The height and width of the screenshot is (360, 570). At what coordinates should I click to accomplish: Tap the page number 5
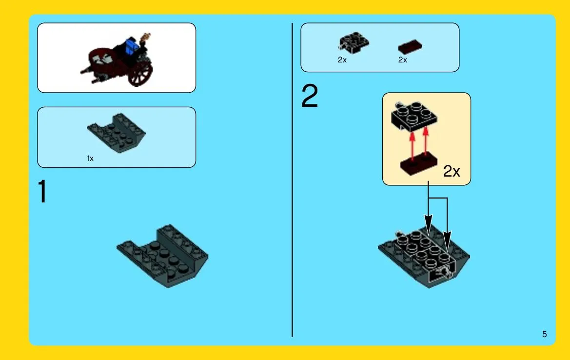point(544,334)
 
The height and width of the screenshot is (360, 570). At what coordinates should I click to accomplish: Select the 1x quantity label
point(90,158)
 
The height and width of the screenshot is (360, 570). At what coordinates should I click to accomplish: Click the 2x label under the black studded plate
point(342,60)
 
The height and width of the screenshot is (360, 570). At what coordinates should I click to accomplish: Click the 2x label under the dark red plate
point(402,60)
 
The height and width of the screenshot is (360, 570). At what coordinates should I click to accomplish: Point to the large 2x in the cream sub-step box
point(452,171)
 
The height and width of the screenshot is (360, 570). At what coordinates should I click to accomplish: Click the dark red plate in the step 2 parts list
point(410,47)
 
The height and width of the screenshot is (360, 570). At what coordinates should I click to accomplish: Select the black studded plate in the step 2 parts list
point(353,42)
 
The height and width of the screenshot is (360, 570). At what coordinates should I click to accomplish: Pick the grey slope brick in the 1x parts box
point(117,133)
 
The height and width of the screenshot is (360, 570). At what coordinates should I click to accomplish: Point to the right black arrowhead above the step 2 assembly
point(447,242)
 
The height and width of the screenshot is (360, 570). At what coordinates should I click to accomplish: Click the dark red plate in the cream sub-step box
point(419,164)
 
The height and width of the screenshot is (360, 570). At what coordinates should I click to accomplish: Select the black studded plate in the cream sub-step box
point(413,116)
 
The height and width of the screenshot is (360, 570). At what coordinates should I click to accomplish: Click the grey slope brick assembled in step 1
point(162,256)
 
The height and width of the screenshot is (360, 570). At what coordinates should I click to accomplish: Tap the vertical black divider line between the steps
point(292,180)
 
